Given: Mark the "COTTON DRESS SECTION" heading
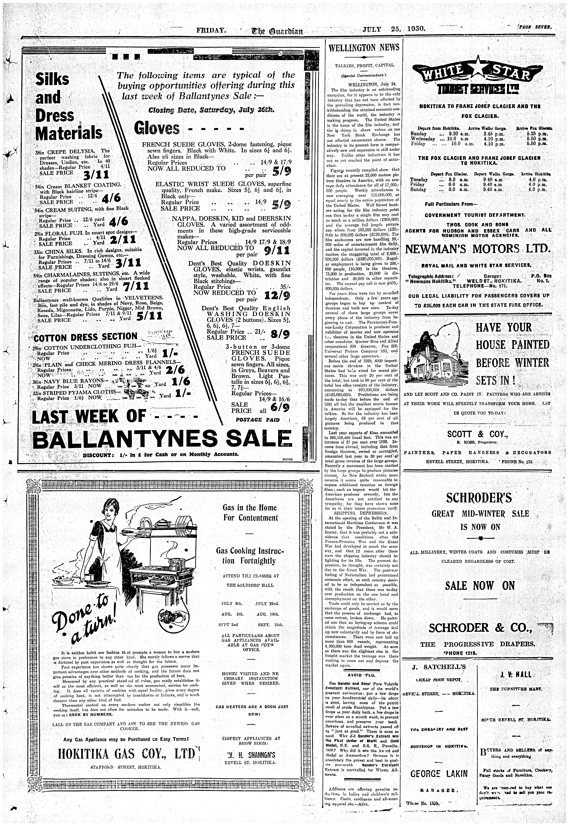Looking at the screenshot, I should click(86, 337).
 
